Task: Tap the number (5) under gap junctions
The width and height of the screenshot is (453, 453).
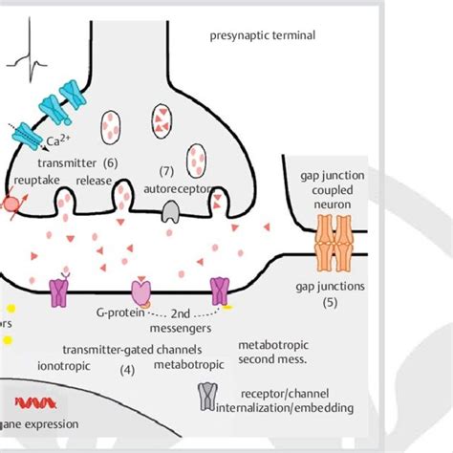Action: [x=331, y=303]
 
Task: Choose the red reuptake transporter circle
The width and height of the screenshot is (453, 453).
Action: [x=12, y=202]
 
